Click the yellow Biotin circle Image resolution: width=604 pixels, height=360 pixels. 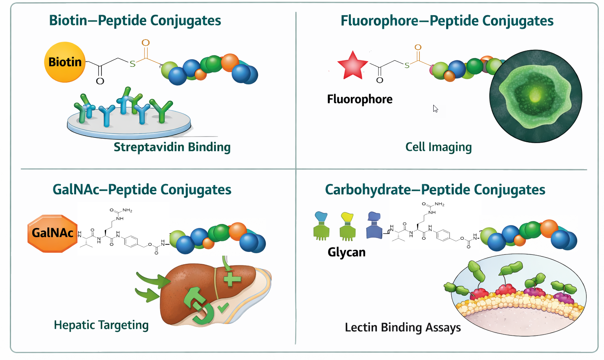(x=65, y=62)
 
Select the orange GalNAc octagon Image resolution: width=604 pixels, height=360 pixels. (x=53, y=233)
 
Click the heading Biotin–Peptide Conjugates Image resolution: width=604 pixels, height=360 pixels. (x=135, y=20)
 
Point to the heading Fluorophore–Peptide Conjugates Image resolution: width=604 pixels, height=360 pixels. (x=447, y=21)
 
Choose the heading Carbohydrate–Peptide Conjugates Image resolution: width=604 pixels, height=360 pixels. (x=435, y=190)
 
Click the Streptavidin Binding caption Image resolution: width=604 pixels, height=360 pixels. (x=172, y=147)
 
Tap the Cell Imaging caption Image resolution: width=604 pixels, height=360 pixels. (x=439, y=147)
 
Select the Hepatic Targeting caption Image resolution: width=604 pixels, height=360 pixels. (x=101, y=325)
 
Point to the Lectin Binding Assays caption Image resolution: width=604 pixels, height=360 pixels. (x=403, y=327)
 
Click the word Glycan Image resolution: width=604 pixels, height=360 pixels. (x=346, y=252)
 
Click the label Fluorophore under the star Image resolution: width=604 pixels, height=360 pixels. (x=359, y=99)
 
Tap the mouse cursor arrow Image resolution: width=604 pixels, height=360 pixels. (x=435, y=108)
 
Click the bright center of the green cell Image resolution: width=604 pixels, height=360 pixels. (x=535, y=97)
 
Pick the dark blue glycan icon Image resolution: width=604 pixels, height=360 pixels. (x=374, y=225)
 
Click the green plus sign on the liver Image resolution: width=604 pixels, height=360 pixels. (x=232, y=279)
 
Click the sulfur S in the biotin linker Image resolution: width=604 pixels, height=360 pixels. (x=132, y=64)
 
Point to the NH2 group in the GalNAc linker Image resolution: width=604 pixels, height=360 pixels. (x=127, y=210)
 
